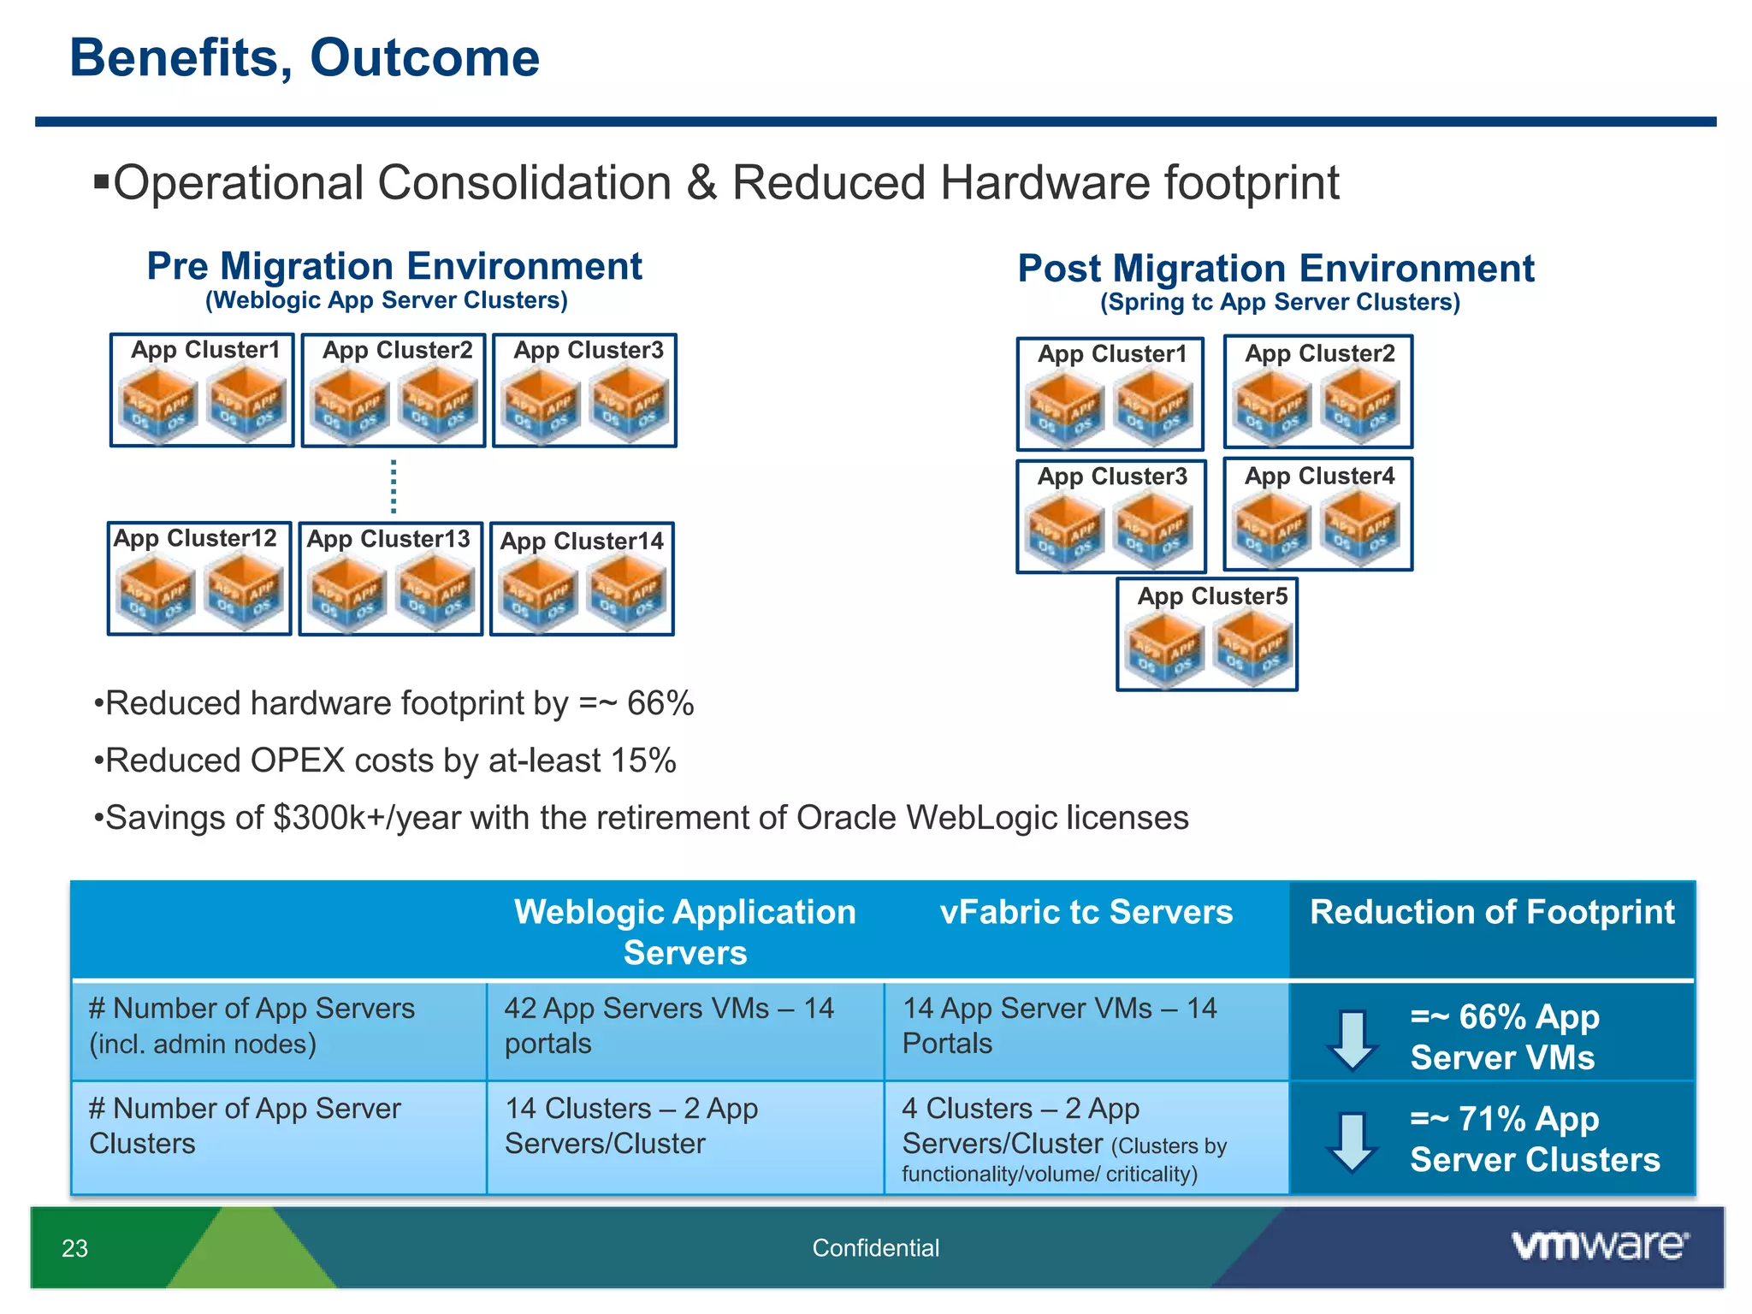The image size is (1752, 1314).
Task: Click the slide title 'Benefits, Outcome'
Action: point(305,58)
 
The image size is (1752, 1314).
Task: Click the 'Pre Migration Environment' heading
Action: point(394,266)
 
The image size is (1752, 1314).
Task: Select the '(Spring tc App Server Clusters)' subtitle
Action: point(1280,302)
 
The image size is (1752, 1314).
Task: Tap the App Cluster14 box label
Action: point(582,542)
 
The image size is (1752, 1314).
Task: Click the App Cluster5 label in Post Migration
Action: point(1211,596)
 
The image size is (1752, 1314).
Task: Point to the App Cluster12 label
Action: point(195,538)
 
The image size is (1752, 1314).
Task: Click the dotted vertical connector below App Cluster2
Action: point(394,486)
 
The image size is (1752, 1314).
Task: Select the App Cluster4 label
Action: point(1318,476)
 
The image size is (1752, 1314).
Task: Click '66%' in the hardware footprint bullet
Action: point(660,704)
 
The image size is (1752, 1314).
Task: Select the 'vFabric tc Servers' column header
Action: point(1086,912)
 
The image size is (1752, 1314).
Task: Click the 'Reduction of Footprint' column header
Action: point(1492,912)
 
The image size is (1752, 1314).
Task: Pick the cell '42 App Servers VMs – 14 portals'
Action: point(668,1026)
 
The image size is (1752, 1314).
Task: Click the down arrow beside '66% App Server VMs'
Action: point(1352,1039)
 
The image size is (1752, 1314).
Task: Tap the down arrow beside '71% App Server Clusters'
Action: point(1352,1141)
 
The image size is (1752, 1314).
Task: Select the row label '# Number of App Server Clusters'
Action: point(244,1126)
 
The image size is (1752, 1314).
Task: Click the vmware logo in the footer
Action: point(1600,1246)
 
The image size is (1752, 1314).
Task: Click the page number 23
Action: point(75,1249)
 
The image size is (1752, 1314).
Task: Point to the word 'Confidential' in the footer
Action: point(875,1248)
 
